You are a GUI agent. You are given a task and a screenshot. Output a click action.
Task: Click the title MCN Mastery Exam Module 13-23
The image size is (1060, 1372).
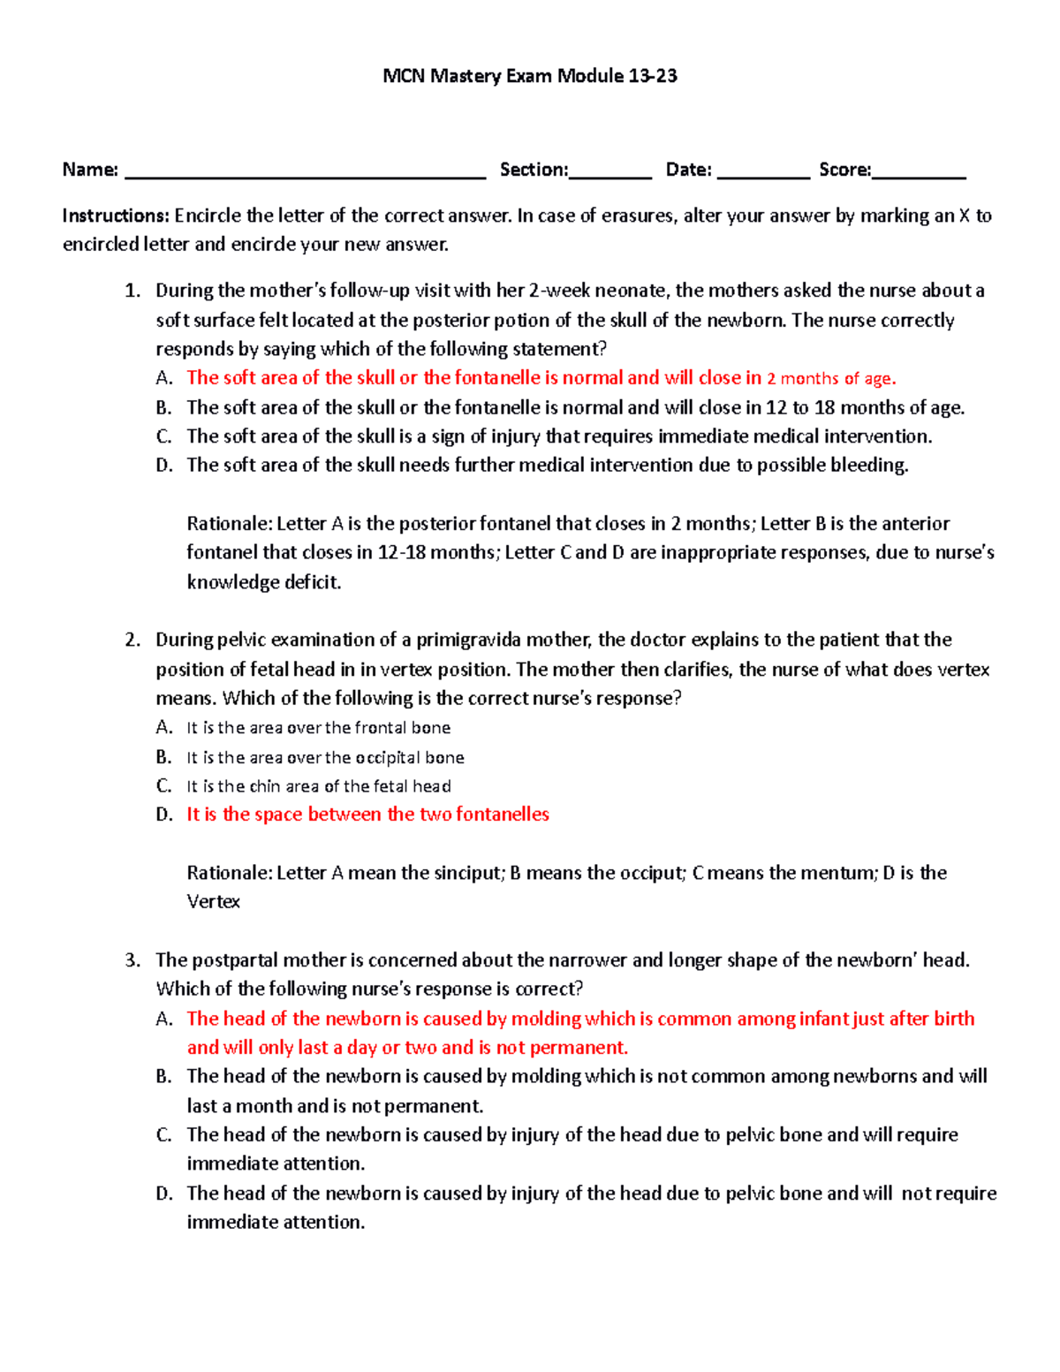(x=530, y=76)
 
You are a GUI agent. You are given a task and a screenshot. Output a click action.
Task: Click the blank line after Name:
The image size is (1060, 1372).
(x=306, y=173)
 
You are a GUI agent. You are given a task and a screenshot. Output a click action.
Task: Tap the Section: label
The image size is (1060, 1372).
(x=534, y=170)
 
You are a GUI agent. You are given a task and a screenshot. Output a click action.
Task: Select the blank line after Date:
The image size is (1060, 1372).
(x=763, y=173)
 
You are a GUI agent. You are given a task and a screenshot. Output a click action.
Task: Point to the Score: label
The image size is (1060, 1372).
(x=844, y=170)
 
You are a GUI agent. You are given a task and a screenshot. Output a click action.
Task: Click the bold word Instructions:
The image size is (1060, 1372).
(x=115, y=216)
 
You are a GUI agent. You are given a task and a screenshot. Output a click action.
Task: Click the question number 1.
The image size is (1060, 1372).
(x=132, y=291)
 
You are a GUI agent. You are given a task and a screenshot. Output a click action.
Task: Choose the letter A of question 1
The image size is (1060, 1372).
(x=163, y=378)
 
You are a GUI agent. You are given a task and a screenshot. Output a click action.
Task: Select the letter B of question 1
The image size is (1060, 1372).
(x=163, y=407)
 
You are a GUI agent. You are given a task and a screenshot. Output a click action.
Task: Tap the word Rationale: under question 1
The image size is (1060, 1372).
(x=229, y=524)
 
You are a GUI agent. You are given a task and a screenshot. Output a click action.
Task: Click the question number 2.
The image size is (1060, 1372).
(x=132, y=640)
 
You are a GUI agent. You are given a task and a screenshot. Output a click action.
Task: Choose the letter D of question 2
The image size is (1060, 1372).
(x=163, y=815)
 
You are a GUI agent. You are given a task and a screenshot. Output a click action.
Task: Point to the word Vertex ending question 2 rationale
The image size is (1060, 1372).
(x=213, y=902)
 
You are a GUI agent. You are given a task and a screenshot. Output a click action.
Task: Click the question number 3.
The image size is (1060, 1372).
(x=132, y=960)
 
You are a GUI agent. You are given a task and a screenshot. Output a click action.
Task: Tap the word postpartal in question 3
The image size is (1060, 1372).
(x=232, y=960)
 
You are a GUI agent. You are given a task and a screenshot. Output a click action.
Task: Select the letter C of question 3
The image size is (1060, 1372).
(x=163, y=1135)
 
